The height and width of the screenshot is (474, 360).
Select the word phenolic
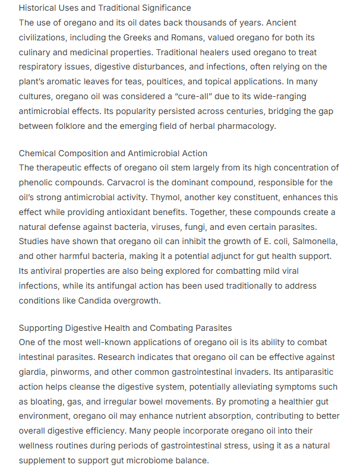point(39,183)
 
